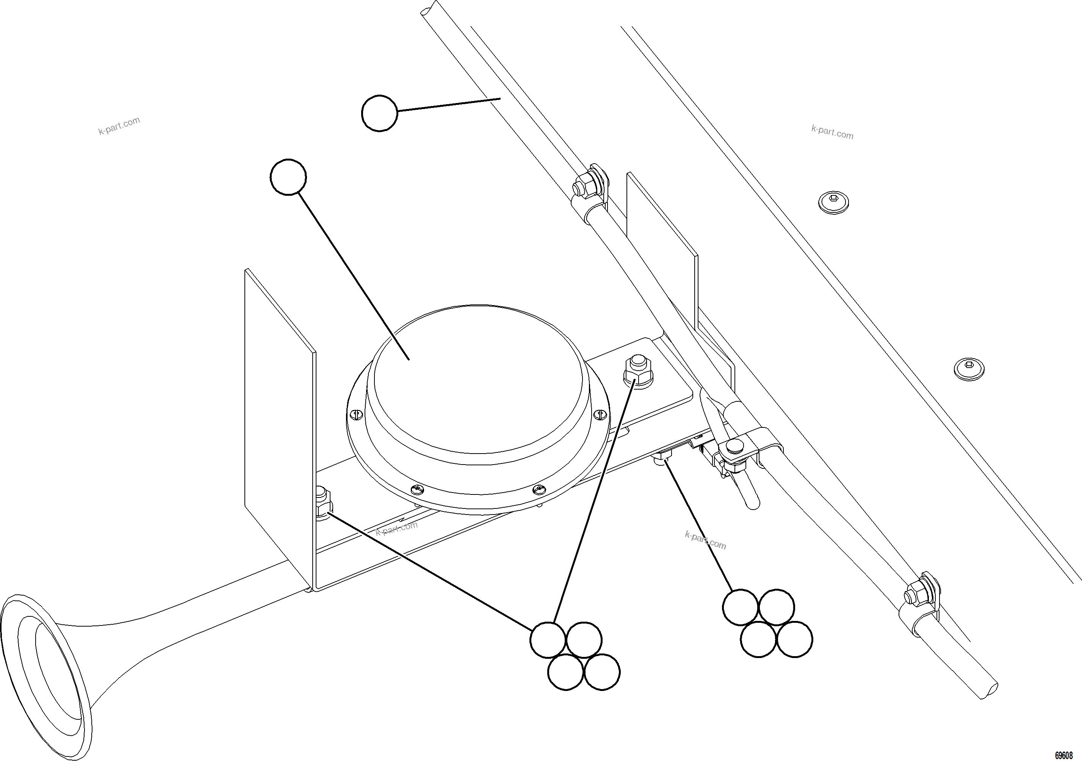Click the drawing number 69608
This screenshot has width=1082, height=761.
click(x=1063, y=755)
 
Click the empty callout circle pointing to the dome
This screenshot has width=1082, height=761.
click(x=288, y=176)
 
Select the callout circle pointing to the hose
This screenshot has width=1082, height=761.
click(x=379, y=113)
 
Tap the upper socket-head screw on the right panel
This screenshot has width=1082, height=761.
click(x=833, y=203)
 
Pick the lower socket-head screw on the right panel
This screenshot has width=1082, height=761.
click(x=969, y=369)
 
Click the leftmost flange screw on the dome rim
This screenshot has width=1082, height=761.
click(x=356, y=415)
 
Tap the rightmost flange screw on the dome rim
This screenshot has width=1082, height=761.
click(x=600, y=415)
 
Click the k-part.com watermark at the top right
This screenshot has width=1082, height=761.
click(x=832, y=133)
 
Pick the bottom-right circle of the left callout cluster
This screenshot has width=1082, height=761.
click(x=602, y=672)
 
